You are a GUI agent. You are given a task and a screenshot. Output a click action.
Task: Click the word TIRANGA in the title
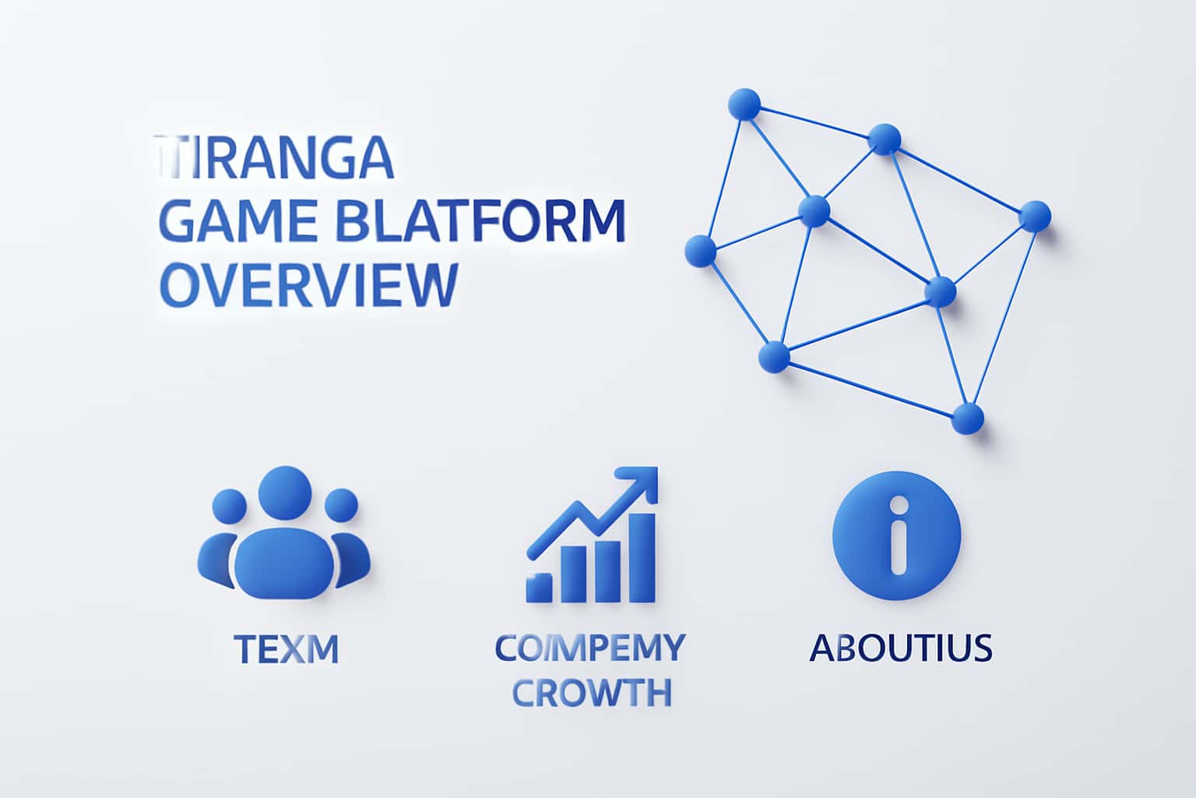pyautogui.click(x=275, y=159)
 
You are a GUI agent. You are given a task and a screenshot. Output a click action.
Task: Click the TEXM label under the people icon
pyautogui.click(x=286, y=648)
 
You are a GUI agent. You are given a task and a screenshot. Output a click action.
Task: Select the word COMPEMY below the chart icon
pyautogui.click(x=590, y=648)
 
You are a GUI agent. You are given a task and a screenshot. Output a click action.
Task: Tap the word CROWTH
pyautogui.click(x=593, y=692)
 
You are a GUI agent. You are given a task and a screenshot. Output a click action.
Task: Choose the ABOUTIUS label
pyautogui.click(x=900, y=648)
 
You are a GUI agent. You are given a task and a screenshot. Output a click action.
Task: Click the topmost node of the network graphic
pyautogui.click(x=744, y=104)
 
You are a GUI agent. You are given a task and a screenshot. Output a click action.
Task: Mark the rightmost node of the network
pyautogui.click(x=1034, y=216)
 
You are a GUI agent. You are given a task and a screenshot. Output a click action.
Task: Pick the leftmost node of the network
pyautogui.click(x=700, y=251)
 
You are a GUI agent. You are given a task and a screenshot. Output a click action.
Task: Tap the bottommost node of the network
pyautogui.click(x=968, y=418)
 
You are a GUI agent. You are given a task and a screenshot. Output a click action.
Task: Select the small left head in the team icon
pyautogui.click(x=229, y=506)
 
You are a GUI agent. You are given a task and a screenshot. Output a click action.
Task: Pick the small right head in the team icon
pyautogui.click(x=340, y=505)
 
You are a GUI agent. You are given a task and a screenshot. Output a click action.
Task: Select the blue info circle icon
pyautogui.click(x=897, y=535)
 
